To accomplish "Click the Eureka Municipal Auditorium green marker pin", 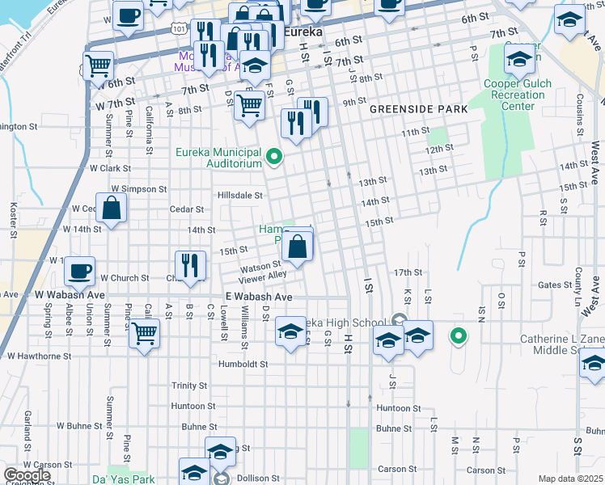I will (x=274, y=157).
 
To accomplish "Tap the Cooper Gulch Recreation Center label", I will (x=518, y=95).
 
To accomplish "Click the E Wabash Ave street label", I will (x=259, y=297).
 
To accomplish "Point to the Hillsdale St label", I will (x=240, y=195).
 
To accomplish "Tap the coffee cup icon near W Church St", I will (x=79, y=271).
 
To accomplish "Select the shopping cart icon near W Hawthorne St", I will (x=144, y=332).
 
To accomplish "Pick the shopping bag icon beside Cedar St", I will (x=112, y=207).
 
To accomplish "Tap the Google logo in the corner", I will (x=27, y=475).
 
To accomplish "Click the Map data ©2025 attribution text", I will (x=570, y=479).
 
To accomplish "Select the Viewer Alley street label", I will (x=262, y=275).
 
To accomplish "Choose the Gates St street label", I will (x=555, y=285).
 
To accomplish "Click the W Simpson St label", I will (x=138, y=188).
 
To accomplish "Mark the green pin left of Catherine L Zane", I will (x=458, y=335).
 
